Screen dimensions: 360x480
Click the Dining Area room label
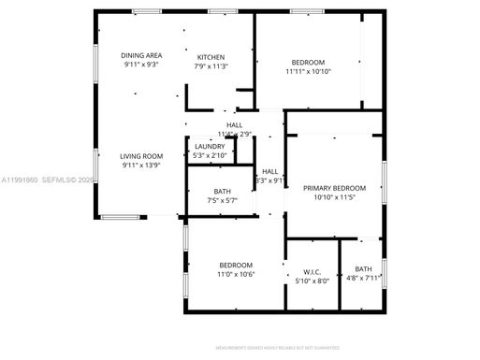142,56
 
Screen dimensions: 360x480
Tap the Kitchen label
210,57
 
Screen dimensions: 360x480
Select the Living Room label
142,156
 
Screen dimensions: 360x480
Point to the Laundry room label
209,146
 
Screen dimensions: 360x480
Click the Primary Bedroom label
334,188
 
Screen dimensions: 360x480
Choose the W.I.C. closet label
313,270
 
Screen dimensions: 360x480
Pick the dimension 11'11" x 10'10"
308,71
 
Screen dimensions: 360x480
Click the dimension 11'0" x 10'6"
237,275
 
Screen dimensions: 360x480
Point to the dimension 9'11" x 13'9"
142,166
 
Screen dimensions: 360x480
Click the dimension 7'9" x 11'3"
210,66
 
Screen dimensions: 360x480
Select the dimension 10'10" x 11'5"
334,197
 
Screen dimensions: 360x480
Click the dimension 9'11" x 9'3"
142,65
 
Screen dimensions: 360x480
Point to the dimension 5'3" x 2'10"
209,155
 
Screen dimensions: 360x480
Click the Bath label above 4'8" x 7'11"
363,269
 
